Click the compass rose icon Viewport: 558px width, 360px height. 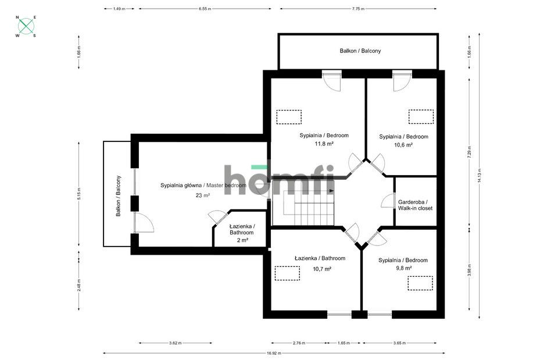click(x=26, y=26)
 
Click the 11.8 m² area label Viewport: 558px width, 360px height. click(x=324, y=144)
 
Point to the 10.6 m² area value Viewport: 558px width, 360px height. click(x=403, y=145)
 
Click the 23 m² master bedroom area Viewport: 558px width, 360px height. click(x=203, y=195)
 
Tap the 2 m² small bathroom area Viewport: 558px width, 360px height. click(x=242, y=240)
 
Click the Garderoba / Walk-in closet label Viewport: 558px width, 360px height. click(x=415, y=205)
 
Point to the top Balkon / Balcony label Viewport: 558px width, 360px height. click(x=360, y=51)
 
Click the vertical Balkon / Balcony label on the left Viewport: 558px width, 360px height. click(x=119, y=196)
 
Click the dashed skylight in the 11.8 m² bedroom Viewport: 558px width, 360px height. click(x=289, y=117)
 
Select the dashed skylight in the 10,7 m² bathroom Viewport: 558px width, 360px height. click(x=287, y=273)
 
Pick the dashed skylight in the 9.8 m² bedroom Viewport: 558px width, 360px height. click(x=420, y=283)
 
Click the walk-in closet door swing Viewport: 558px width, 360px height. click(x=386, y=202)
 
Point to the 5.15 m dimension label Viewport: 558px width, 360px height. click(x=78, y=193)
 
